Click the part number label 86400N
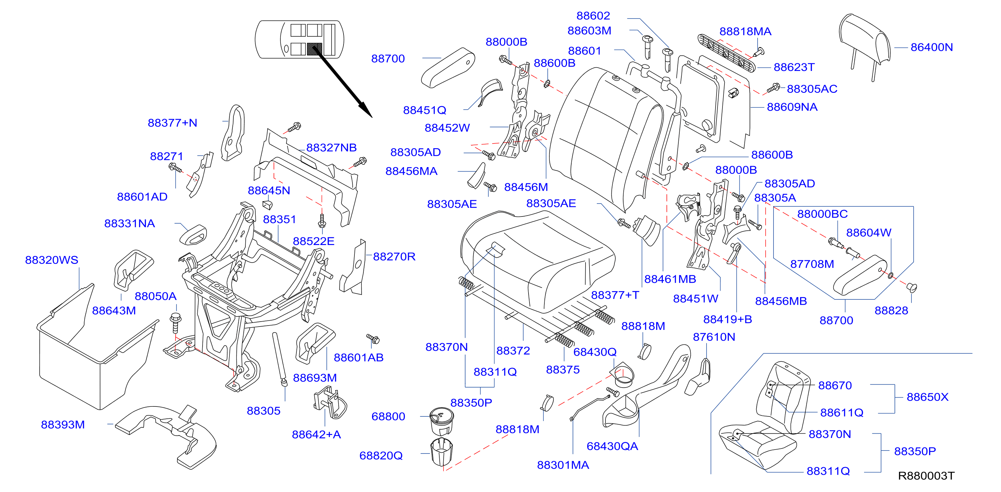(931, 47)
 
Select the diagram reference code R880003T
(926, 476)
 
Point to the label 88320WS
(52, 260)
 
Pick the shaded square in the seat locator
(314, 49)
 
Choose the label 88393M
(63, 424)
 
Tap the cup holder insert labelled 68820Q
(442, 452)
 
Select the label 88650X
(927, 397)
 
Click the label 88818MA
(745, 31)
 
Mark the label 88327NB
(332, 147)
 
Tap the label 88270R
(394, 257)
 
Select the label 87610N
(714, 337)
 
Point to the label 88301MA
(563, 465)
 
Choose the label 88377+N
(172, 123)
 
